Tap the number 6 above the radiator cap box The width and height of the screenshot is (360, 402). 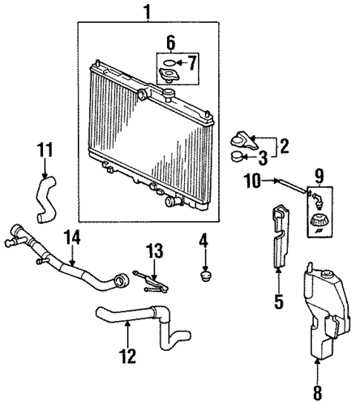[x=171, y=42]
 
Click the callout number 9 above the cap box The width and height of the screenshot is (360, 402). [x=319, y=177]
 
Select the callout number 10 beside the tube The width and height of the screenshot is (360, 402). [x=254, y=180]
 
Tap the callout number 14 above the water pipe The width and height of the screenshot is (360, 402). [x=72, y=238]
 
